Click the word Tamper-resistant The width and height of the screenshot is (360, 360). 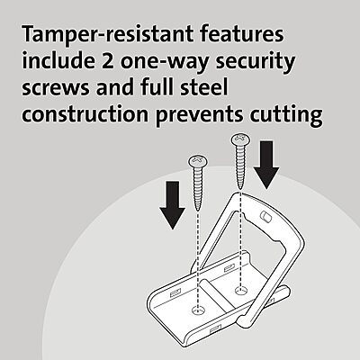coord(107,34)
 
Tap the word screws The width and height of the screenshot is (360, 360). coord(56,89)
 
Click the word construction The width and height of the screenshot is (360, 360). coord(85,114)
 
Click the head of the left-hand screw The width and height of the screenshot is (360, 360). coord(198,161)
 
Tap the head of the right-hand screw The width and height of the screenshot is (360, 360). coord(240,139)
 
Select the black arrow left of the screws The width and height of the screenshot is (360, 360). coord(173,205)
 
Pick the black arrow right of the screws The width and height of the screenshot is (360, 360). coord(266,165)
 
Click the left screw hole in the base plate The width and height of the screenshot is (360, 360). coord(198,310)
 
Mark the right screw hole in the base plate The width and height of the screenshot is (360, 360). coord(240,290)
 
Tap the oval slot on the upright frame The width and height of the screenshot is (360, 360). coord(265,216)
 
